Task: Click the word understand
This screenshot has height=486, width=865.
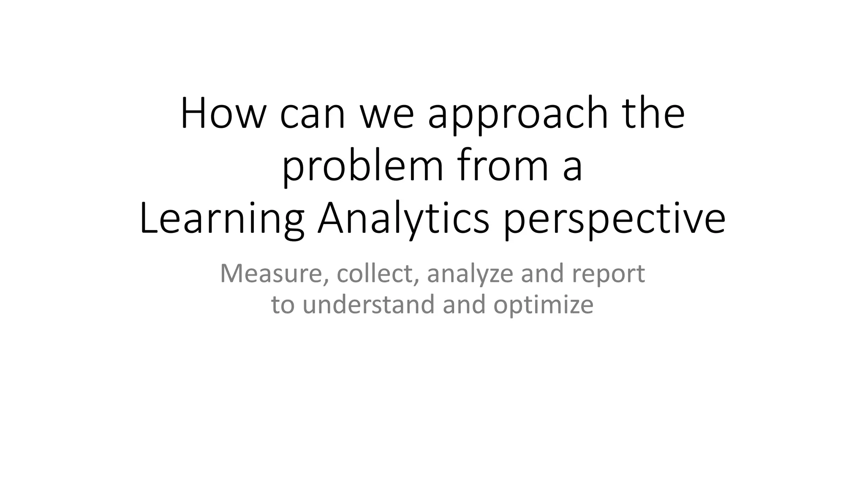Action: pos(369,304)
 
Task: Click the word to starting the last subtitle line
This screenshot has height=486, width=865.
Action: pos(283,304)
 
